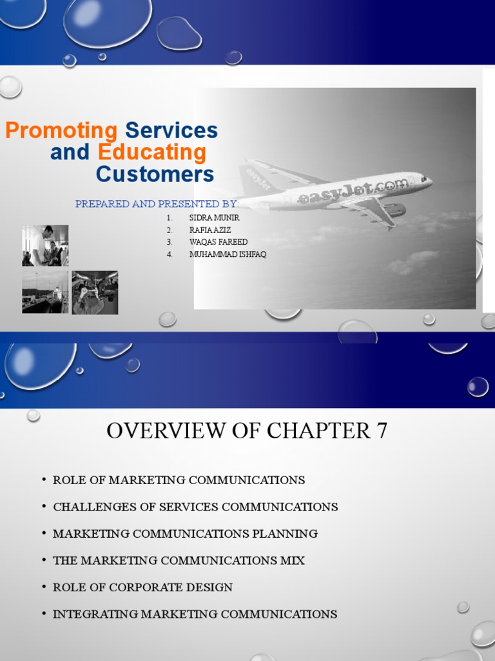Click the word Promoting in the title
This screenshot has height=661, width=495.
61,131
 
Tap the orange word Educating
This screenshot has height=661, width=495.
152,153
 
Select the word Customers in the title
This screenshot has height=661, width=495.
155,174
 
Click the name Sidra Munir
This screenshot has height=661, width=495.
215,218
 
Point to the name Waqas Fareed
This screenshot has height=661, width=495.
218,242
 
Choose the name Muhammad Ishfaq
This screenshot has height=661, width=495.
228,254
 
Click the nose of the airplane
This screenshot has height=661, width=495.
428,180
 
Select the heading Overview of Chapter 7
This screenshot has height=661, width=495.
247,431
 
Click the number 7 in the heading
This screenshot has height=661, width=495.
381,431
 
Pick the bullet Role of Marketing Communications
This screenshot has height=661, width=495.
179,480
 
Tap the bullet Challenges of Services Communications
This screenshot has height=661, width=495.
195,507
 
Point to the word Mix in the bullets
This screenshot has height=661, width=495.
293,561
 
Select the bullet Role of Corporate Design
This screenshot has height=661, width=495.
142,587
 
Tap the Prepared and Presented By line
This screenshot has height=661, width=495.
157,205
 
